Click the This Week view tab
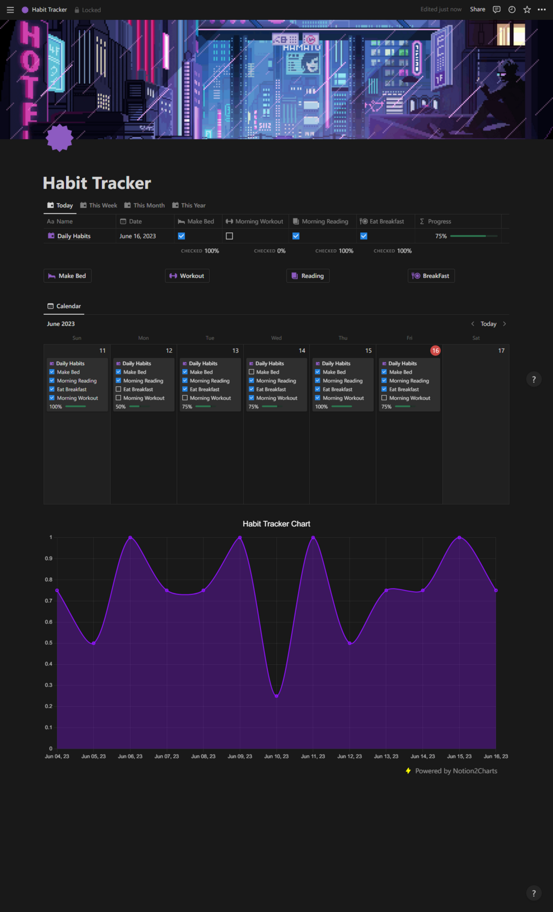pos(99,205)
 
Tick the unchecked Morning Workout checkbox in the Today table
pos(229,236)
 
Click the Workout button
pos(187,276)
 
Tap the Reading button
pos(308,276)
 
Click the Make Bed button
pos(67,276)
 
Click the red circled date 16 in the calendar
pos(435,351)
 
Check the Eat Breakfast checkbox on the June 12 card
pos(118,389)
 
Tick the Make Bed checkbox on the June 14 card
pos(251,372)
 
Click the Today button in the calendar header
pos(488,324)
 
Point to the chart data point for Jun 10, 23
pos(276,696)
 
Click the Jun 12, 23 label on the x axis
pos(349,756)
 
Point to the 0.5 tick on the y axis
pos(49,643)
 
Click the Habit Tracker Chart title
pos(276,524)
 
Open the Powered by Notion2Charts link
pos(456,771)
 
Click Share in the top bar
pos(477,9)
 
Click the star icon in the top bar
pos(527,9)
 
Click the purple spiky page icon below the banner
pos(59,138)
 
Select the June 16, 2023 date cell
pos(138,236)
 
